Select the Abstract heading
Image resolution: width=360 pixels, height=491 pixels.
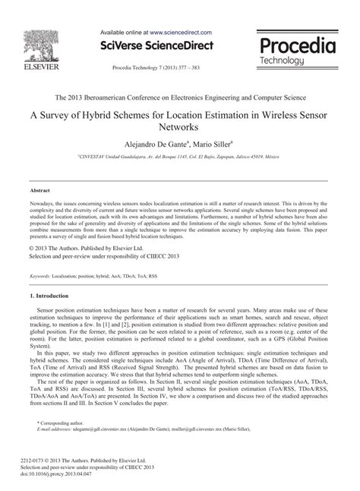[x=40, y=192]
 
